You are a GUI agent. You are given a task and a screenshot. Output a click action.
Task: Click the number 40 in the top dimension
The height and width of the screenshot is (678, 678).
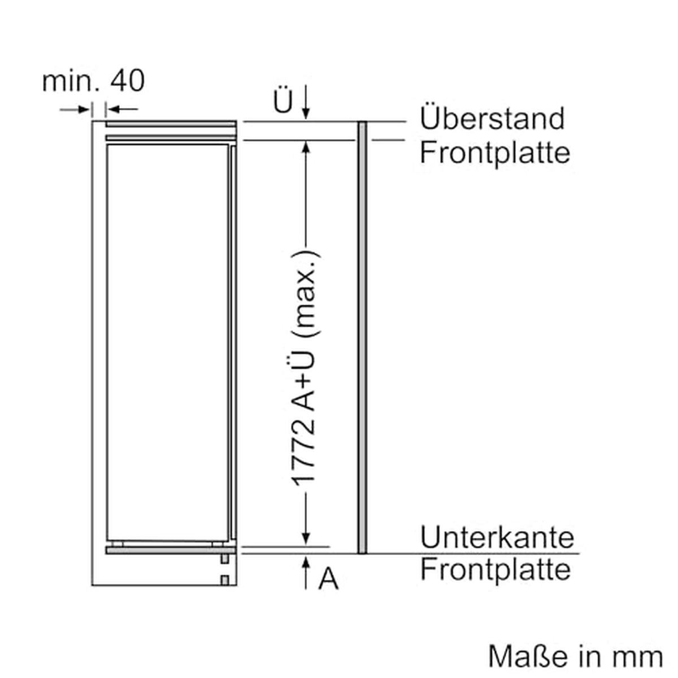click(x=127, y=81)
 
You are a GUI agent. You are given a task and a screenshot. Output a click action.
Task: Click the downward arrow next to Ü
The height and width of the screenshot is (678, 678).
click(x=306, y=102)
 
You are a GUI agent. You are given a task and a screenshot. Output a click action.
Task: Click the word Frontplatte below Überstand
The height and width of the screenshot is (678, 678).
click(x=495, y=154)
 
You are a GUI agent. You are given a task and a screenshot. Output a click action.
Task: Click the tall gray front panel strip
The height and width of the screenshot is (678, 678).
click(x=362, y=337)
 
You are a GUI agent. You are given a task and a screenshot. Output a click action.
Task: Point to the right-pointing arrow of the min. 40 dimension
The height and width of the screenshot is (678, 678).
click(x=75, y=110)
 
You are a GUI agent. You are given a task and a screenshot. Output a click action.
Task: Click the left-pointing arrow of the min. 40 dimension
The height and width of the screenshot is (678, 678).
click(x=122, y=110)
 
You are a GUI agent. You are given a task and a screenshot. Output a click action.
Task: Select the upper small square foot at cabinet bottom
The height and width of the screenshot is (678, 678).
click(x=224, y=559)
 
